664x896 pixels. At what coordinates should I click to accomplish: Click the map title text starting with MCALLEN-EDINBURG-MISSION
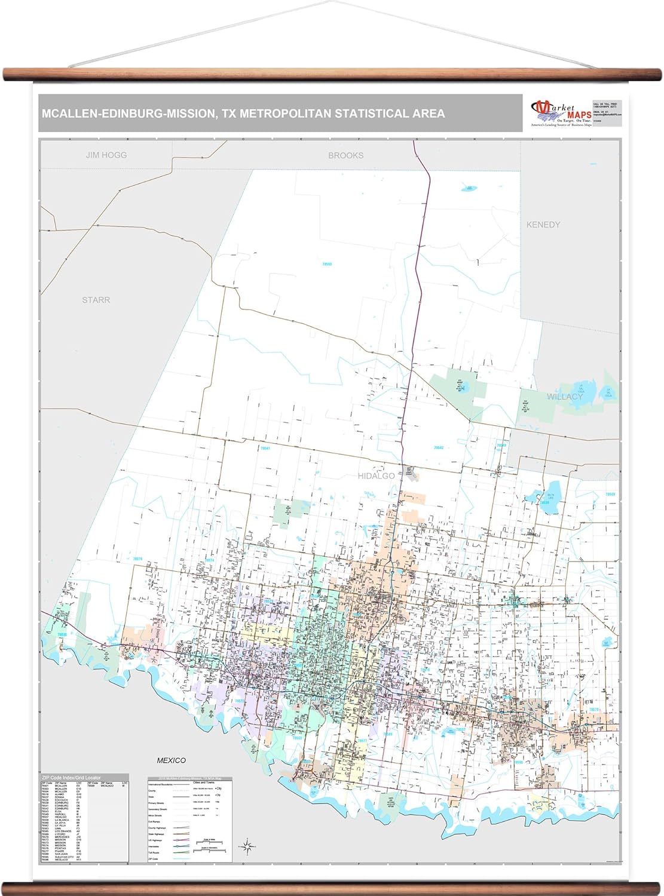243,113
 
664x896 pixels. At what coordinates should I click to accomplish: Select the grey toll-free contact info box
607,113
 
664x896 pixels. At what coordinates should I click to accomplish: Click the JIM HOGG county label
106,155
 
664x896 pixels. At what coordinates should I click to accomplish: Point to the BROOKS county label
345,155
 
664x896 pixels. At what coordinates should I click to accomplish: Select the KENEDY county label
543,225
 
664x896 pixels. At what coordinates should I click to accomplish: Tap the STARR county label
96,300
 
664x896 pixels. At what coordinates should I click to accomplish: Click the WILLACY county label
564,397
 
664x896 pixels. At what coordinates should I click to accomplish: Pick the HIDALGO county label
376,476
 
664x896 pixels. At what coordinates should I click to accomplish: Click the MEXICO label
171,760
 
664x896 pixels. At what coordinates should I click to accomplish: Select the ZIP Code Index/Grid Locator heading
67,777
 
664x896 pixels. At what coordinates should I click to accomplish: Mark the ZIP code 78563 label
327,263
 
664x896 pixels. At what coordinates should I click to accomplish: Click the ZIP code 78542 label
439,447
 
